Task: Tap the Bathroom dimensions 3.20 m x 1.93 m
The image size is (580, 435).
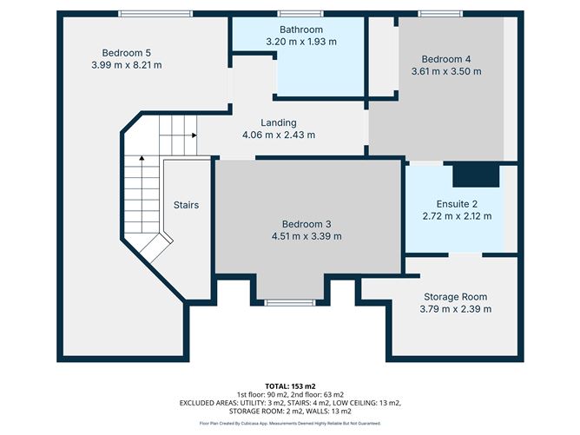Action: point(301,42)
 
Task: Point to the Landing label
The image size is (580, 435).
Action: point(279,122)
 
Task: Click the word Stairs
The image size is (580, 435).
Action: point(187,205)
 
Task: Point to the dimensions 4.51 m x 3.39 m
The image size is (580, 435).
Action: point(305,236)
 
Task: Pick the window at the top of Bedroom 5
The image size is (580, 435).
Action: point(143,13)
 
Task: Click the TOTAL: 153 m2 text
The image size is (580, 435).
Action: point(289,385)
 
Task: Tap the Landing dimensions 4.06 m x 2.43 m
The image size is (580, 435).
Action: point(279,135)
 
